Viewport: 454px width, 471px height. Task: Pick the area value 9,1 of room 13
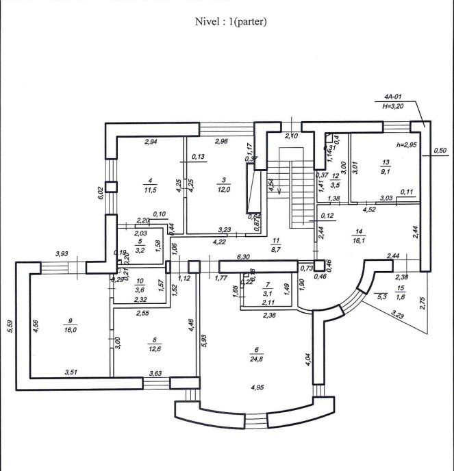pyautogui.click(x=387, y=172)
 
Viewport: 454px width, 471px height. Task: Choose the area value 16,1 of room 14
pyautogui.click(x=377, y=241)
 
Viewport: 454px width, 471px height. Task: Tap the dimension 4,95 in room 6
pyautogui.click(x=257, y=387)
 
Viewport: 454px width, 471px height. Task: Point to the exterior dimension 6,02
pyautogui.click(x=101, y=193)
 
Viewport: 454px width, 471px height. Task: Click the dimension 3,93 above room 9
pyautogui.click(x=62, y=255)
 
